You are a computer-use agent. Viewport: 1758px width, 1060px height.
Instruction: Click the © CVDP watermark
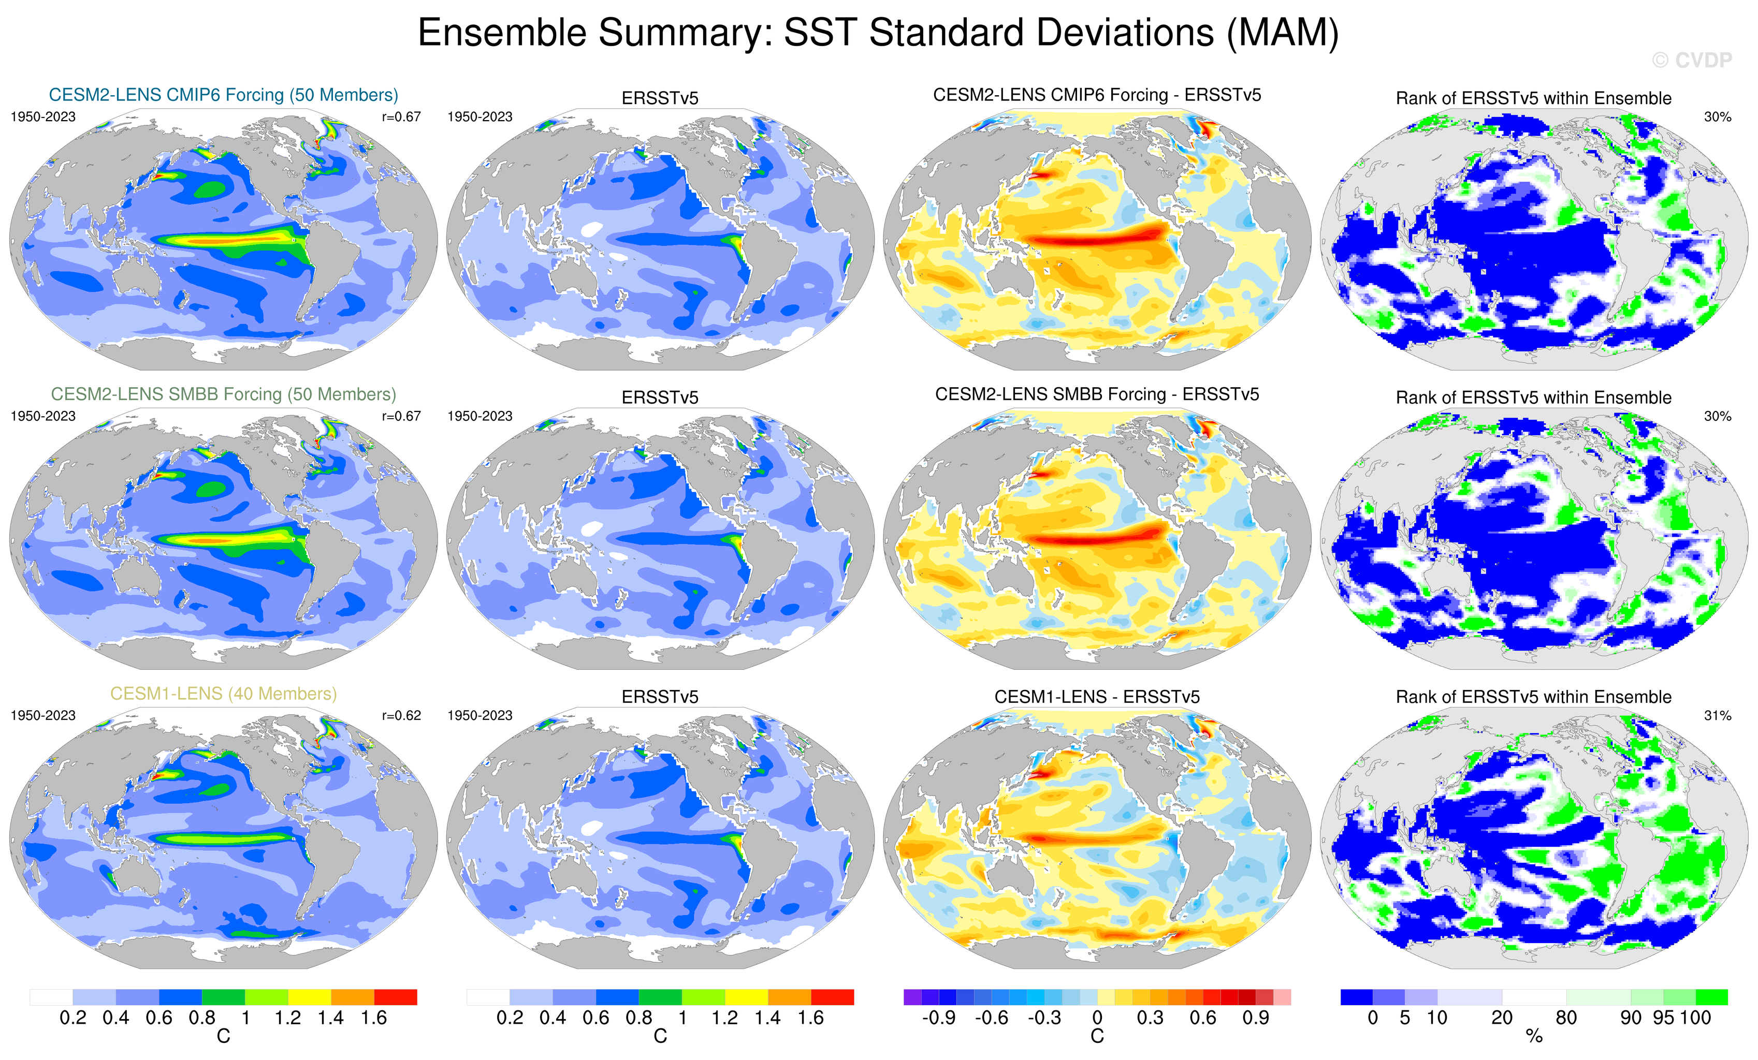pyautogui.click(x=1692, y=61)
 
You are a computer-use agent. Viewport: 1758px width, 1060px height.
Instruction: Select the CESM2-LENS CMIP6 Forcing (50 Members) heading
pyautogui.click(x=223, y=95)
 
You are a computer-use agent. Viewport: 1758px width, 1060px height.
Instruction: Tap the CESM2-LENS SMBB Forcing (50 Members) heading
pyautogui.click(x=223, y=394)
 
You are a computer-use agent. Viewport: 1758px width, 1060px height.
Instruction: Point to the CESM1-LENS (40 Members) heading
pyautogui.click(x=223, y=694)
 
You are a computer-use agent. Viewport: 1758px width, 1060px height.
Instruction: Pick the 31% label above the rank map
pyautogui.click(x=1717, y=715)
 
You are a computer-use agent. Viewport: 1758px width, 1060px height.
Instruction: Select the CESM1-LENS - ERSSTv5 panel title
pyautogui.click(x=1097, y=697)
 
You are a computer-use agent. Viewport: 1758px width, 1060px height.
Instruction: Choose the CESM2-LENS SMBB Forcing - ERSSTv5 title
pyautogui.click(x=1097, y=394)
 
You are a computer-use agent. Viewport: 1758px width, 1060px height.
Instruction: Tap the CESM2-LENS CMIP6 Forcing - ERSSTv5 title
pyautogui.click(x=1097, y=95)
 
